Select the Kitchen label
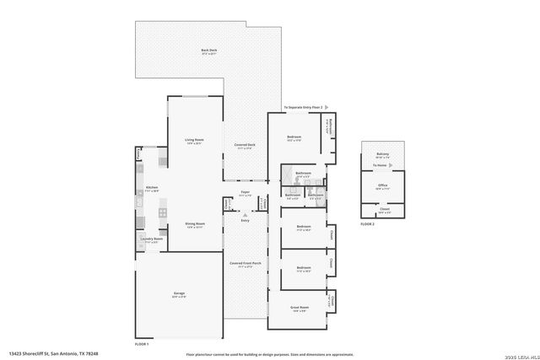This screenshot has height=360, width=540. tap(152, 187)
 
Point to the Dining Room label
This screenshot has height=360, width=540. tap(196, 223)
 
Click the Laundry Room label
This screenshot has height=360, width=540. tap(152, 239)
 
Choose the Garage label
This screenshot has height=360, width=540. tap(179, 293)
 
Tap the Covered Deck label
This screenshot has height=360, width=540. tap(246, 146)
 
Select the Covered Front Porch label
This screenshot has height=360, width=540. tap(246, 263)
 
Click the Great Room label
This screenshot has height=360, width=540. tap(300, 308)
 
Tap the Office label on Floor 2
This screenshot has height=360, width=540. tap(382, 185)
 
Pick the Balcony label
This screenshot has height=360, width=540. tap(382, 153)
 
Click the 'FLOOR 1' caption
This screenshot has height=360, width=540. tap(142, 344)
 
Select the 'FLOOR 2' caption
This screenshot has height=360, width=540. tap(367, 224)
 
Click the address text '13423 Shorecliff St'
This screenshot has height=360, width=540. tap(40, 354)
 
